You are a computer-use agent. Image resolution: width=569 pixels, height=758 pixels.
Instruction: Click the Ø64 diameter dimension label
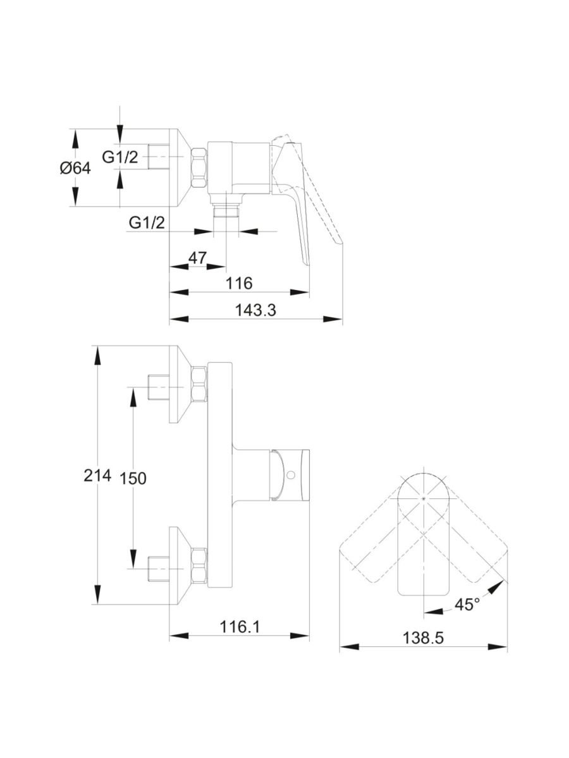coord(75,169)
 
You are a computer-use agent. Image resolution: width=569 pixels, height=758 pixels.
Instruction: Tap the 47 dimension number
coord(198,258)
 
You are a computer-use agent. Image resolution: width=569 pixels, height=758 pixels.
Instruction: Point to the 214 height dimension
coord(97,475)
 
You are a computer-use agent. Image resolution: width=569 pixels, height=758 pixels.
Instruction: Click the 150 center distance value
coord(133,479)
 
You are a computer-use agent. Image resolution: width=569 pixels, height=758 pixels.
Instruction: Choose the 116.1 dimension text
coord(241,626)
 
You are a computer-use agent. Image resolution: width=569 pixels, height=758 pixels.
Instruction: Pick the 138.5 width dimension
coord(423,638)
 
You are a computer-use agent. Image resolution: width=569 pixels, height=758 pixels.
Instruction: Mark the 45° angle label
coord(467,605)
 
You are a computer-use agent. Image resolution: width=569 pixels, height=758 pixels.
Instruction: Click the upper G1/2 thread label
coord(120,157)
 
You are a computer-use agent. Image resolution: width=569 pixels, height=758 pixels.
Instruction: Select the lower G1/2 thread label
coord(147,222)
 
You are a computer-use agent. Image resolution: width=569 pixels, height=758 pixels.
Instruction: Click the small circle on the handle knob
coord(291,474)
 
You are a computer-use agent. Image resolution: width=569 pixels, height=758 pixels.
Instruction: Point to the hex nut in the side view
coord(199,167)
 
